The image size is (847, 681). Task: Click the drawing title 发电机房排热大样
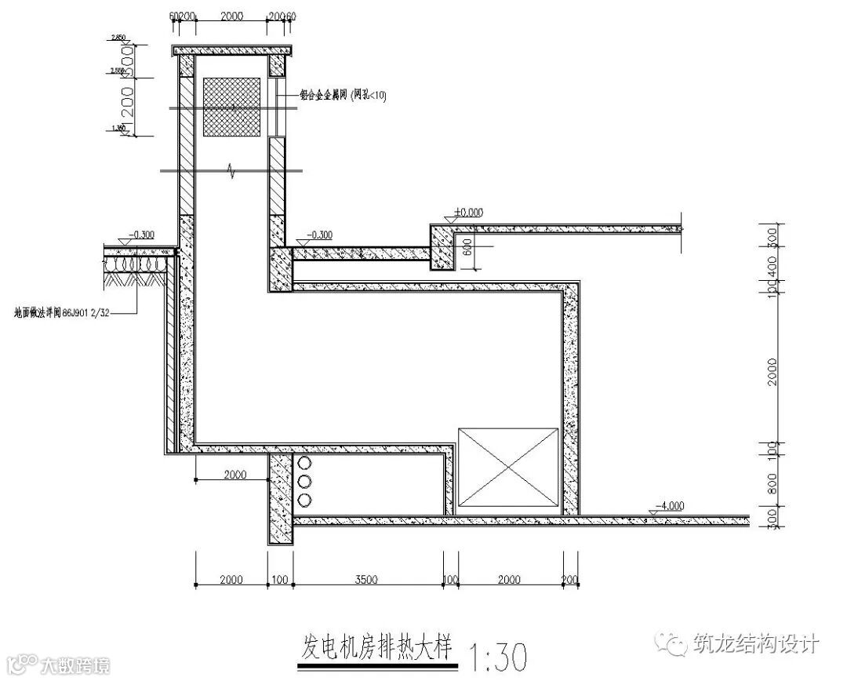[376, 646]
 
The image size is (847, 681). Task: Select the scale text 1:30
[496, 654]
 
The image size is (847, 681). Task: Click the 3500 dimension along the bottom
[366, 580]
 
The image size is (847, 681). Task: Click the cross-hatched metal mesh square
[231, 106]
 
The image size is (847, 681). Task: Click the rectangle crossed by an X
[508, 467]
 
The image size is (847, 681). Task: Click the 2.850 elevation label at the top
[118, 38]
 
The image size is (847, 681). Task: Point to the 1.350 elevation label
[118, 128]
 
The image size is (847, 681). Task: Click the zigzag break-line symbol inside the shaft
[231, 170]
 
